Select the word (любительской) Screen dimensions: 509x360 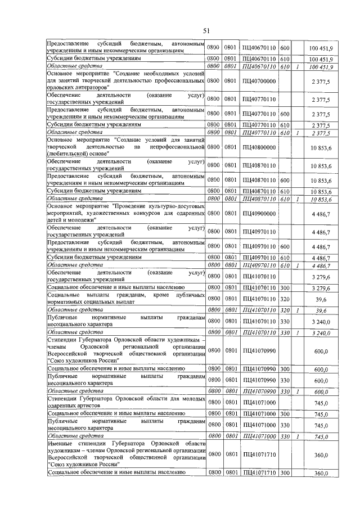pyautogui.click(x=68, y=154)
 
